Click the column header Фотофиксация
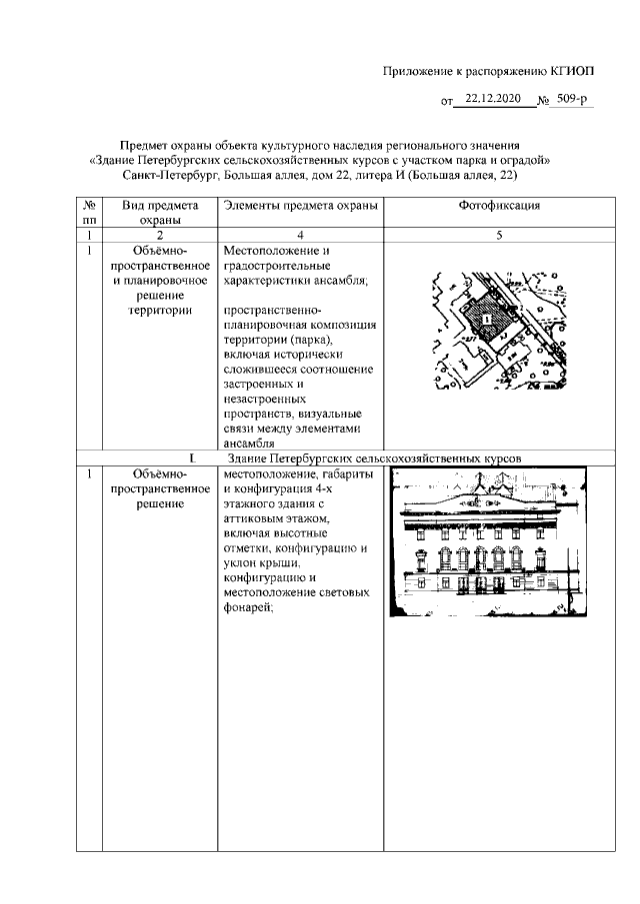point(498,206)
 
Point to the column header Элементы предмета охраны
point(301,206)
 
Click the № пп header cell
point(89,213)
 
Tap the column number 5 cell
point(498,235)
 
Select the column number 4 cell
point(301,235)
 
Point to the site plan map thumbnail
point(498,330)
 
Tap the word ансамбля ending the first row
point(251,444)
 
